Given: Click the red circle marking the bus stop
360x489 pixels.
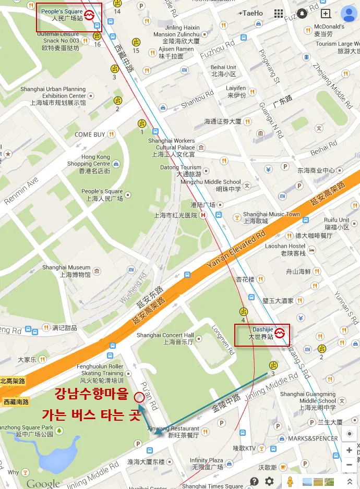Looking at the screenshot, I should [x=139, y=398].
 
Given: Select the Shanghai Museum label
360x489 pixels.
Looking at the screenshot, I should [x=66, y=271].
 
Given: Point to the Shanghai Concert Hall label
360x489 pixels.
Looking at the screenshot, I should [x=165, y=338].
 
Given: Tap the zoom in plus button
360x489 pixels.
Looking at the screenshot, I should [x=349, y=450].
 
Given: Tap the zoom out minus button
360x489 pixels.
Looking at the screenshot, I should [x=349, y=464].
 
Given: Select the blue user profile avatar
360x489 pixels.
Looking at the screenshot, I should [x=348, y=14].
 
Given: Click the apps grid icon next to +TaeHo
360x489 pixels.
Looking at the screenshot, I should [x=279, y=14].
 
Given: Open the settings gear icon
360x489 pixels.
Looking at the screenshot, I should [x=269, y=481].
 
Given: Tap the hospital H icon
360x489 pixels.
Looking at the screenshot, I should [x=203, y=215].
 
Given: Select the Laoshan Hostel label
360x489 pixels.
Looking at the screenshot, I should [x=293, y=249].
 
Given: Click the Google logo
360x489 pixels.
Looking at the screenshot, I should [x=43, y=483].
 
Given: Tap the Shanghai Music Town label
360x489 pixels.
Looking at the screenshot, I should [x=271, y=217].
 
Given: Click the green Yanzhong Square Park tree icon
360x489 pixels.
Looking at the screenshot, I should [x=59, y=431].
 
